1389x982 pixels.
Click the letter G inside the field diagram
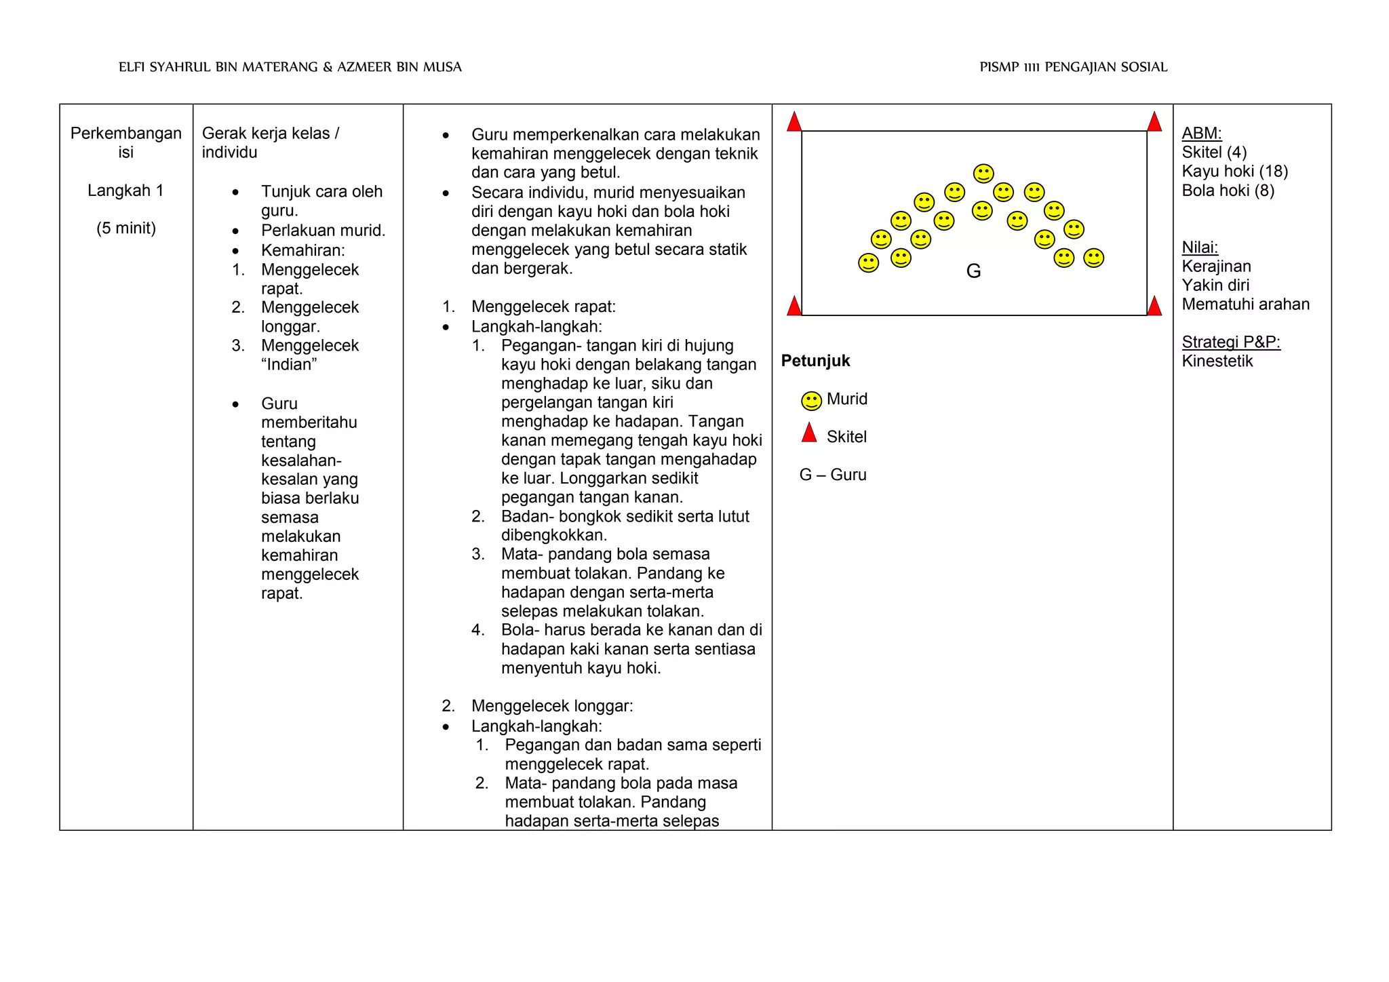pos(973,271)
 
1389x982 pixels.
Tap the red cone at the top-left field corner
pos(794,123)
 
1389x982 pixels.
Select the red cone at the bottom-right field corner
pos(1154,306)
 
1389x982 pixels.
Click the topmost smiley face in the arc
pos(983,174)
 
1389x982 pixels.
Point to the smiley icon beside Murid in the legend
pos(811,401)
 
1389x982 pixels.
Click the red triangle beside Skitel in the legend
pos(809,433)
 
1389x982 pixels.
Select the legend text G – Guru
pos(833,475)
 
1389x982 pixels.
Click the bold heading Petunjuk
pos(815,361)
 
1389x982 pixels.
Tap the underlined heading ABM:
pos(1201,134)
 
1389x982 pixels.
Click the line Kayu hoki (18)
pos(1234,172)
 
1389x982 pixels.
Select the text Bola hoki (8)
pos(1228,191)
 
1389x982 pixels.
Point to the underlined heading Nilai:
pos(1200,248)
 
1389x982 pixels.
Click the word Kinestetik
pos(1217,361)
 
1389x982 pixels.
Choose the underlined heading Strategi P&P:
pos(1230,342)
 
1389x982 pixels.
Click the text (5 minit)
pos(126,229)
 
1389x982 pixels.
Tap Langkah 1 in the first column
pos(125,191)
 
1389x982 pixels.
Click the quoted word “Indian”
pos(289,365)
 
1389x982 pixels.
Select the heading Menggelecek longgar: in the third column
pos(552,706)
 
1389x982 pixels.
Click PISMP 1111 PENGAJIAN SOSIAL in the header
pos(1073,67)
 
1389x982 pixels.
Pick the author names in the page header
pos(290,67)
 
